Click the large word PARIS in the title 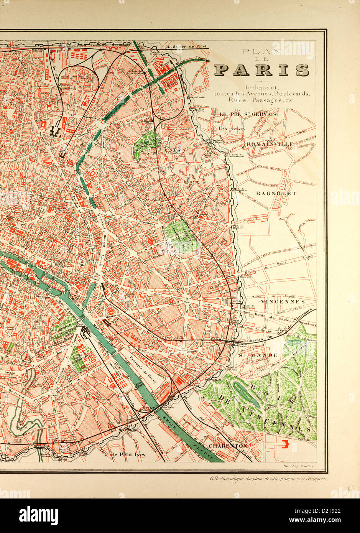point(261,70)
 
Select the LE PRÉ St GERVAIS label point(248,114)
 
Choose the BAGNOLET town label point(276,193)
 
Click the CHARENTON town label point(228,446)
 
